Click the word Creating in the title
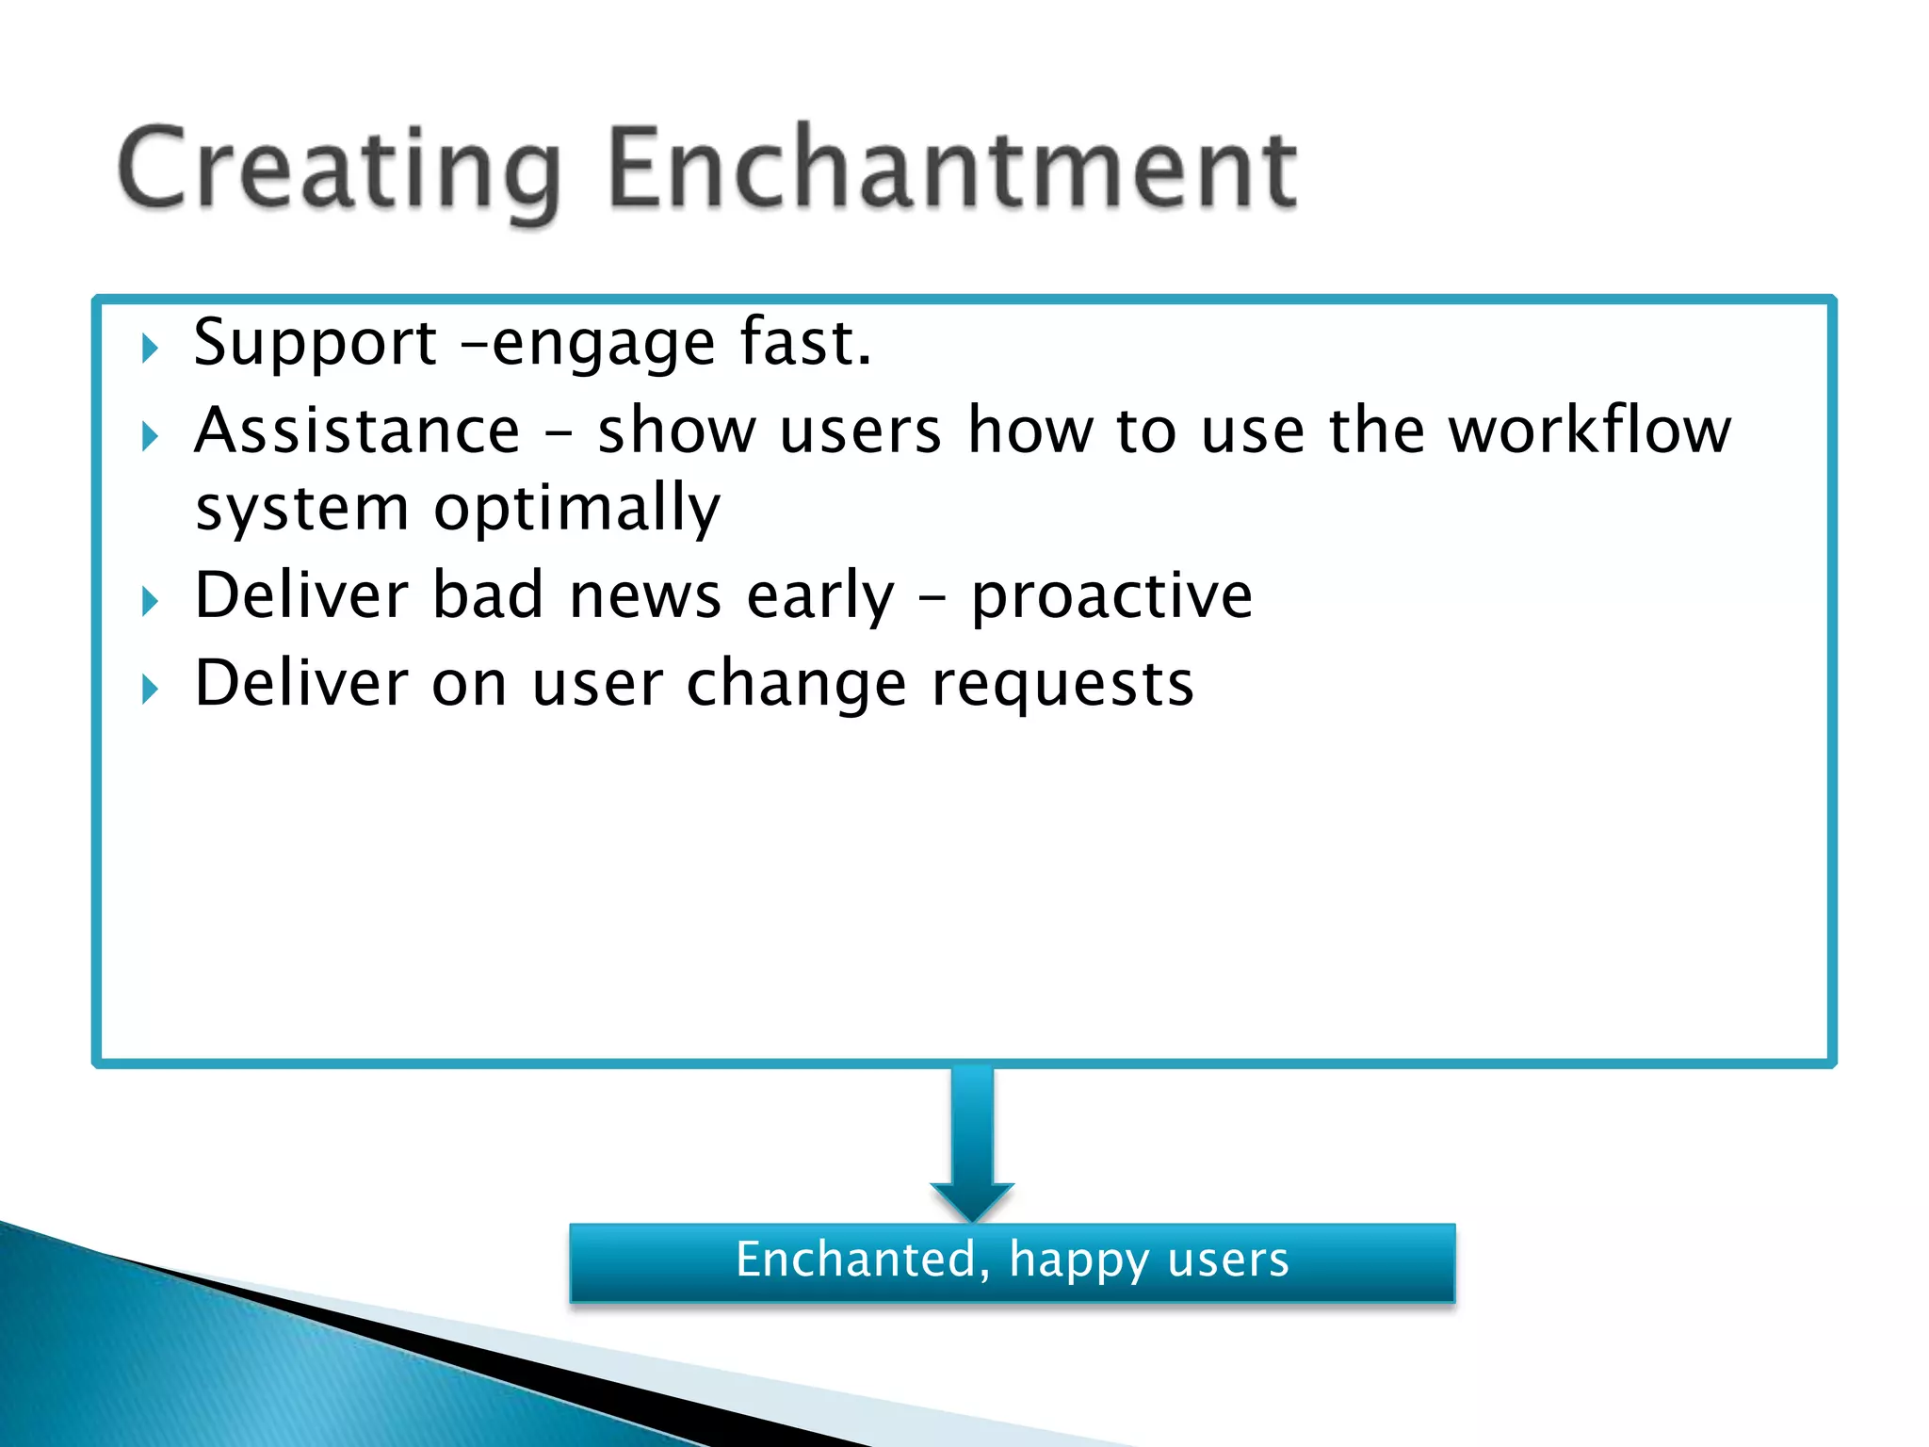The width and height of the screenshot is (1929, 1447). (339, 170)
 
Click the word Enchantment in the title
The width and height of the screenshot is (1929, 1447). (951, 170)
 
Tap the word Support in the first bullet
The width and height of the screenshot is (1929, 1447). (315, 343)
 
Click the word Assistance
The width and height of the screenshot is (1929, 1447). (357, 431)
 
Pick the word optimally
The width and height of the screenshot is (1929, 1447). (576, 510)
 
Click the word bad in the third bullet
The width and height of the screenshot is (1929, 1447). (487, 595)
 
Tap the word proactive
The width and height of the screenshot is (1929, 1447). (1111, 597)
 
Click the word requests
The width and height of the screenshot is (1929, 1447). (1062, 685)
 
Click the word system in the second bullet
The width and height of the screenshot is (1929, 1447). (301, 510)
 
